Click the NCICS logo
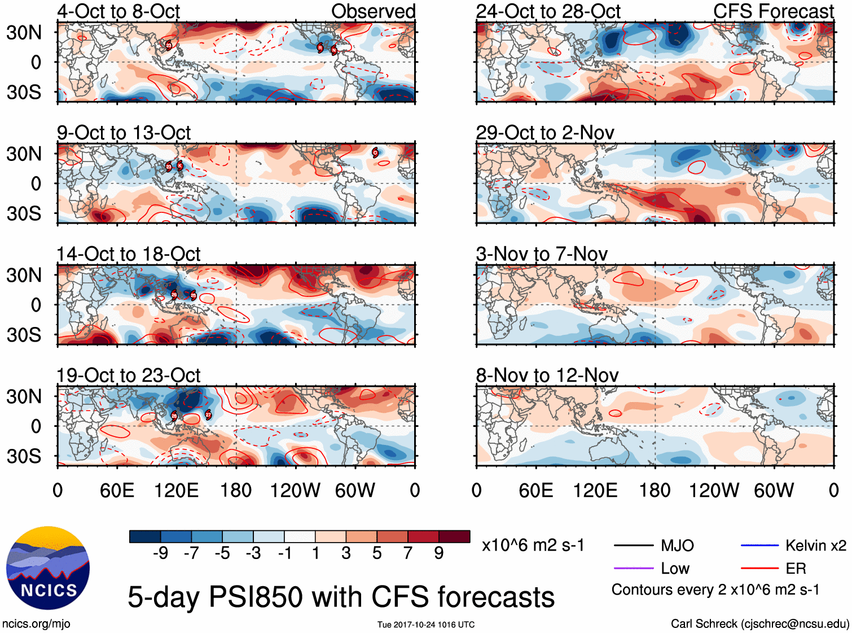(x=48, y=568)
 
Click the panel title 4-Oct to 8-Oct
(x=118, y=11)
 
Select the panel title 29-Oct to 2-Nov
(x=544, y=133)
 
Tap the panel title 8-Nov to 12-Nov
(x=547, y=376)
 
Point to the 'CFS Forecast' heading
(x=773, y=11)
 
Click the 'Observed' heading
(x=373, y=11)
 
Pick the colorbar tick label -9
(x=161, y=553)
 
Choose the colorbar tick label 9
(x=439, y=553)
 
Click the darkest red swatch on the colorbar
(x=454, y=536)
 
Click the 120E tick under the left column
(x=177, y=490)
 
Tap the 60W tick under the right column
(x=774, y=490)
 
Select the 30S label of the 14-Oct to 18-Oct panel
(x=24, y=335)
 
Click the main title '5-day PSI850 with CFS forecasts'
(x=341, y=597)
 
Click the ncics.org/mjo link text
(x=36, y=624)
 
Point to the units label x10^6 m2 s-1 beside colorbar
(x=533, y=545)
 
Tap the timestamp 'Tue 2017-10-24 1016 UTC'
(x=426, y=625)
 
